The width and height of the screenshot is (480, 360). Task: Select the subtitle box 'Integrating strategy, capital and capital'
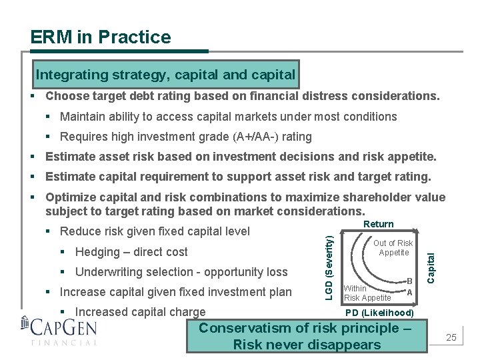(165, 74)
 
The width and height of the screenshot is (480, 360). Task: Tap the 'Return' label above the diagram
(379, 224)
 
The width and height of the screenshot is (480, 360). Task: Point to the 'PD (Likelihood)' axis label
(379, 313)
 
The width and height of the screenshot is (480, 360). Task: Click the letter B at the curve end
(409, 282)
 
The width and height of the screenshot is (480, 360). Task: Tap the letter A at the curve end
(409, 292)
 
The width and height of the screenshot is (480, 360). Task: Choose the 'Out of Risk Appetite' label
(393, 248)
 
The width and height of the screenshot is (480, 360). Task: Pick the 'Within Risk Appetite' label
(367, 293)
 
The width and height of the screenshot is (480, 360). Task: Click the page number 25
(451, 338)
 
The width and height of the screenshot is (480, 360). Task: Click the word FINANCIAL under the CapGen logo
(64, 343)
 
